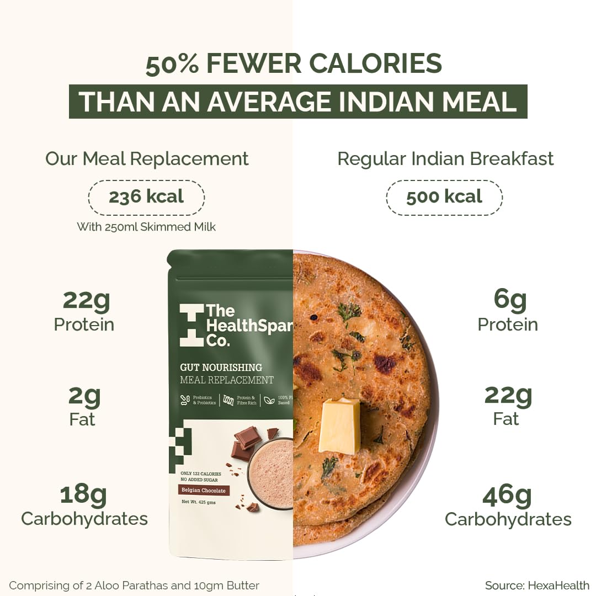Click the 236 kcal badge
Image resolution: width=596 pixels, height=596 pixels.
tap(146, 197)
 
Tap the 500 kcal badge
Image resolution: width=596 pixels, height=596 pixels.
tap(444, 197)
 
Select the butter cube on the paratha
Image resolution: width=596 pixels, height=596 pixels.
tap(339, 425)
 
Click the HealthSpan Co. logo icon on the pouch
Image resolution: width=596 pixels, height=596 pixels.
tap(191, 325)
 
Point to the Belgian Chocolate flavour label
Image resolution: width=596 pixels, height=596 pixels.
tap(204, 490)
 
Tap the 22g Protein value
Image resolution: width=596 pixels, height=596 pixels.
tap(86, 300)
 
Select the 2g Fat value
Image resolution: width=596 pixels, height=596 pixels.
tap(84, 395)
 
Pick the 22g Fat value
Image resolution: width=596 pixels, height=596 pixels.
tap(508, 395)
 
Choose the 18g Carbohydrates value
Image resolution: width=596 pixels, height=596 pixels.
tap(83, 494)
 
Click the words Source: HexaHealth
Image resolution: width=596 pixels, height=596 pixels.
tap(537, 586)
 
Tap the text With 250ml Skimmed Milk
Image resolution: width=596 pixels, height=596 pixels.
tap(146, 227)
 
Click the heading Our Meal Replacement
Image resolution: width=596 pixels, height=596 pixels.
tap(147, 159)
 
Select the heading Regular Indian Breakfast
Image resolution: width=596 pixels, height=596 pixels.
tap(445, 159)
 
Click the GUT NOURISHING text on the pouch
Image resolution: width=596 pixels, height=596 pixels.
tap(221, 368)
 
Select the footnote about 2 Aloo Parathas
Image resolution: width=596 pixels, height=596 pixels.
tap(134, 586)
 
